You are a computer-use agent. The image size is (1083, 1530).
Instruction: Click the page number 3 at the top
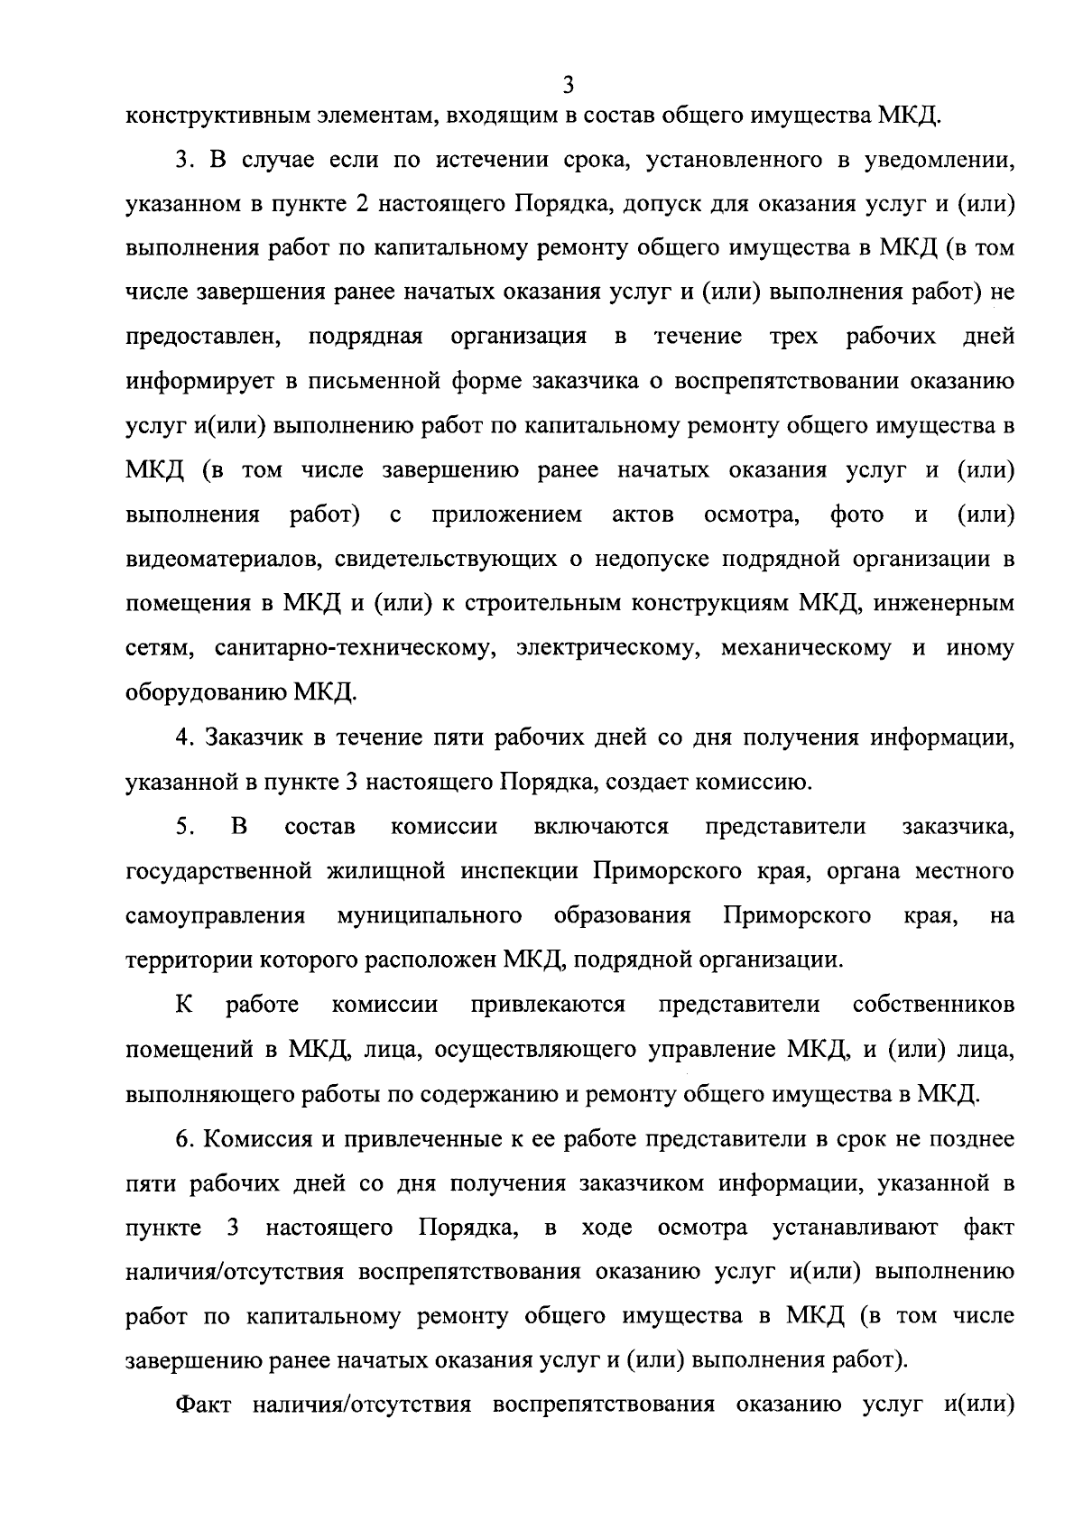568,85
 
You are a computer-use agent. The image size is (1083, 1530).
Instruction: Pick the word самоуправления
216,915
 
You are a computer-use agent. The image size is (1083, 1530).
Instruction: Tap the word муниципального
430,915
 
